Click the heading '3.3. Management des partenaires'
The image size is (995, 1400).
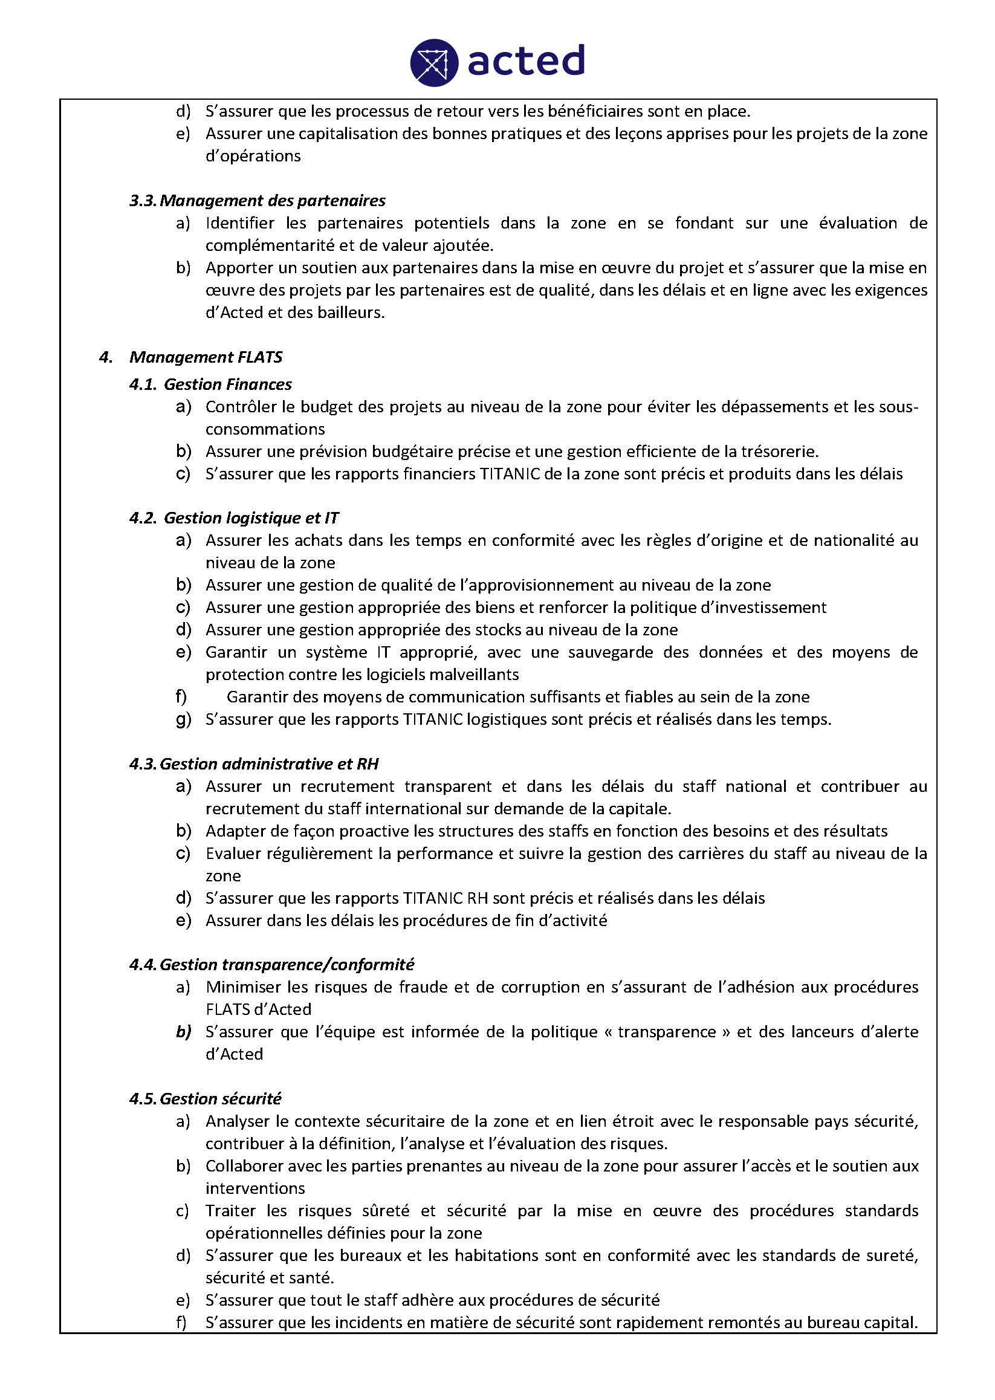258,200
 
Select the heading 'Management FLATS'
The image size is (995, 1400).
206,357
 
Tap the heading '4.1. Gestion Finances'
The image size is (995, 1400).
210,384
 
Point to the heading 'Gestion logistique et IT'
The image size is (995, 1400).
251,517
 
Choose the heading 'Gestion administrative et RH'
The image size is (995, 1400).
269,763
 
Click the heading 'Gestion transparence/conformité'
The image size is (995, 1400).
287,964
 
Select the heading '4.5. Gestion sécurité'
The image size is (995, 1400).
206,1098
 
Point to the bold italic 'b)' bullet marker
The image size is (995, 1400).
183,1032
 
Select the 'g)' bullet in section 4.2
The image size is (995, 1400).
183,719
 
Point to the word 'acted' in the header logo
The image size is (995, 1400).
526,60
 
